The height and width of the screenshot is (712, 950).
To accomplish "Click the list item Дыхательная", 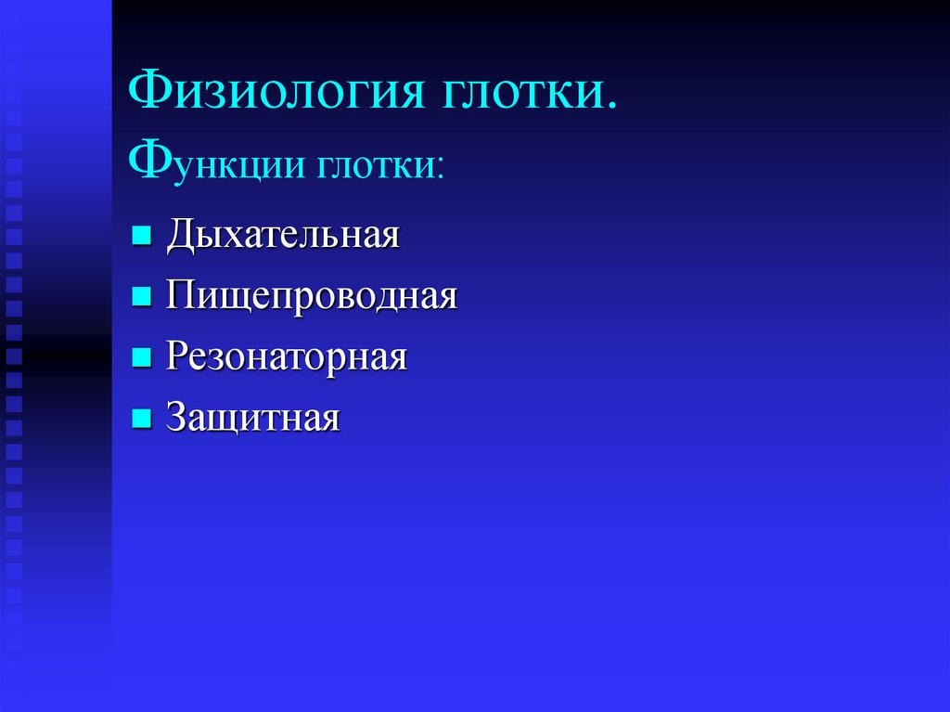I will click(x=283, y=235).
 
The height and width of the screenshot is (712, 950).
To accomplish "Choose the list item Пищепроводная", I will click(x=312, y=297).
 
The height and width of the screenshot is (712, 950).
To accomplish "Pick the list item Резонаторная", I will click(x=287, y=357).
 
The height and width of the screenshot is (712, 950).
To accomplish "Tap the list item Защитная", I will click(x=253, y=419).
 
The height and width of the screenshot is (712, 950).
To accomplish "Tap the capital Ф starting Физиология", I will click(x=148, y=93).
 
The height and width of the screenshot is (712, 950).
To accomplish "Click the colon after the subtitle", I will click(x=439, y=170).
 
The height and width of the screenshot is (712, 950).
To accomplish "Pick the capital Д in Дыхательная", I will click(x=181, y=235).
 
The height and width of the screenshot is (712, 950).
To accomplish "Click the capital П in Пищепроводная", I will click(x=182, y=296).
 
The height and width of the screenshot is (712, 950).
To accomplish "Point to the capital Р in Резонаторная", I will click(x=177, y=357).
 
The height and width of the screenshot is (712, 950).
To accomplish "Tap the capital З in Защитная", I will click(x=177, y=418).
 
